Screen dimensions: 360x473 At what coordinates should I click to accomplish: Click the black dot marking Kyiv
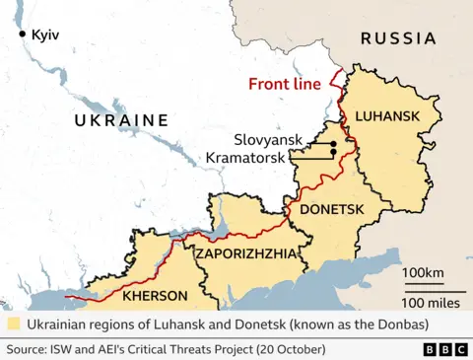[22, 35]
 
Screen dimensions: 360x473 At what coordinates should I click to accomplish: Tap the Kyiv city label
[45, 35]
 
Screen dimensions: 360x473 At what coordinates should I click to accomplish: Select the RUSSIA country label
[397, 38]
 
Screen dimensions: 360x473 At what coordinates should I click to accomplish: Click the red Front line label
[285, 84]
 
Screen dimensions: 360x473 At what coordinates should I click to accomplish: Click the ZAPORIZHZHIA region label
[245, 253]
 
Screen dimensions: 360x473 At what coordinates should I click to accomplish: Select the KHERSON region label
[155, 295]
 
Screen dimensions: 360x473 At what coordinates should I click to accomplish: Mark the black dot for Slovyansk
[334, 145]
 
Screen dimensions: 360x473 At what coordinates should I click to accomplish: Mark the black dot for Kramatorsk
[333, 154]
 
